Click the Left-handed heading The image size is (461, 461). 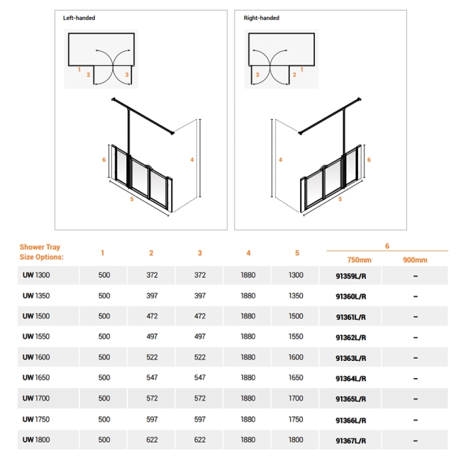(79, 18)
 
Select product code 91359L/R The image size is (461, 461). (350, 275)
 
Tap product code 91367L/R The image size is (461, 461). (350, 440)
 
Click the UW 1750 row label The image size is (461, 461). (35, 419)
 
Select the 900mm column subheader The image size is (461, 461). (414, 260)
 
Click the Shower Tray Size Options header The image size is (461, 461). (41, 252)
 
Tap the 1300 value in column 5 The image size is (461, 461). (296, 275)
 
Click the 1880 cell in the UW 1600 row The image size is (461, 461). (248, 357)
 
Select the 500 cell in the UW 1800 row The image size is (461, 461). (104, 440)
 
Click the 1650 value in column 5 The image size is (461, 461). (296, 378)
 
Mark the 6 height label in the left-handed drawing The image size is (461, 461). (104, 160)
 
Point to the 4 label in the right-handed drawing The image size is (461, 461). (280, 160)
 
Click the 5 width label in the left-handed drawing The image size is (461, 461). (131, 200)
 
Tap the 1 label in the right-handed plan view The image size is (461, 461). (302, 70)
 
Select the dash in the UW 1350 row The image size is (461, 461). (415, 296)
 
